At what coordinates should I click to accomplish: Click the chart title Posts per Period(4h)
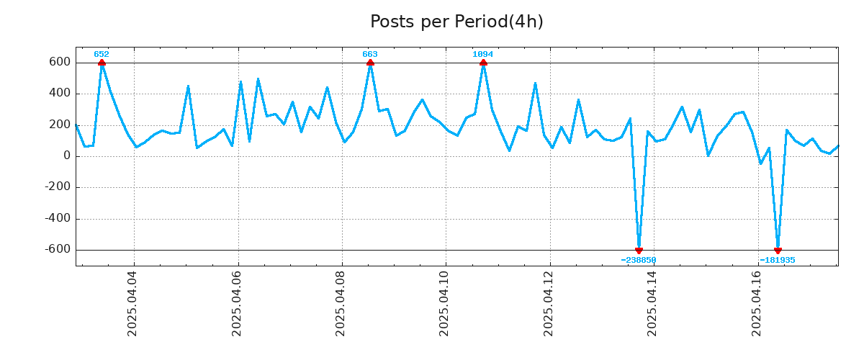(x=456, y=22)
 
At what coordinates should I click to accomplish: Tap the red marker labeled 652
(x=102, y=63)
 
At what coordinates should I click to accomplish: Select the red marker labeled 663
(x=370, y=63)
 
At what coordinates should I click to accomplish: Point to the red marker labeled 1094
(x=483, y=63)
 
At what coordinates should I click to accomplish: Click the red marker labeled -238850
(x=639, y=251)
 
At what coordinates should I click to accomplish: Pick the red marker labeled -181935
(x=778, y=251)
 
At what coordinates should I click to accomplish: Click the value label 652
(x=102, y=55)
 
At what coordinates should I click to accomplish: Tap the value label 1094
(x=483, y=55)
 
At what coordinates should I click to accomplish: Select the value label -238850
(x=639, y=260)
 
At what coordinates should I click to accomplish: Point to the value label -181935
(x=778, y=260)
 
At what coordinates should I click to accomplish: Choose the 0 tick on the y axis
(x=66, y=156)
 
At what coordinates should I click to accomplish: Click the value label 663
(x=370, y=55)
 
